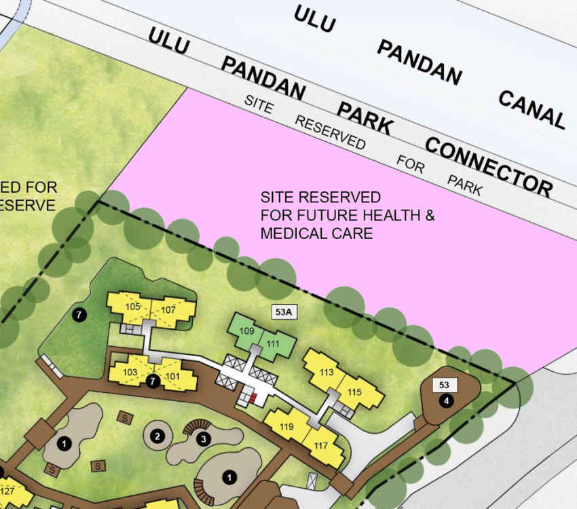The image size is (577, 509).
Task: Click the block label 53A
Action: coord(284,312)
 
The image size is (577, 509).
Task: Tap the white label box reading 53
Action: coord(445,385)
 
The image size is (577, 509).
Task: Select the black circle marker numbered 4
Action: coord(446,401)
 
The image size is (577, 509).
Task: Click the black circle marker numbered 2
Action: coord(157,436)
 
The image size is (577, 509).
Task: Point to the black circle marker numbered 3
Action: coord(203,439)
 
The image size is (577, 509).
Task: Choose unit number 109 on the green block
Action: coord(247,331)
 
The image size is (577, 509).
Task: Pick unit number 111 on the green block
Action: coord(272,344)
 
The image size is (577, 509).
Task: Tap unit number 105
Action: coord(133,307)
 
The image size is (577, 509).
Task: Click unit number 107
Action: coord(168,310)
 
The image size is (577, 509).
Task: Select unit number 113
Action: coord(327,372)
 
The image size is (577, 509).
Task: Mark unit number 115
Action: coord(354,392)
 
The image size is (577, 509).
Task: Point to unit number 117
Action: coord(320,446)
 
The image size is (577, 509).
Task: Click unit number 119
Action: coord(286,427)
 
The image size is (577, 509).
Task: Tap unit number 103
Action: coord(130,372)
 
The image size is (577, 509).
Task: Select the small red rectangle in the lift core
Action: coord(253,398)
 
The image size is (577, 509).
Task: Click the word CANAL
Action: coord(532,109)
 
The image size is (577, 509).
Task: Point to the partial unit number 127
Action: coord(7,491)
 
